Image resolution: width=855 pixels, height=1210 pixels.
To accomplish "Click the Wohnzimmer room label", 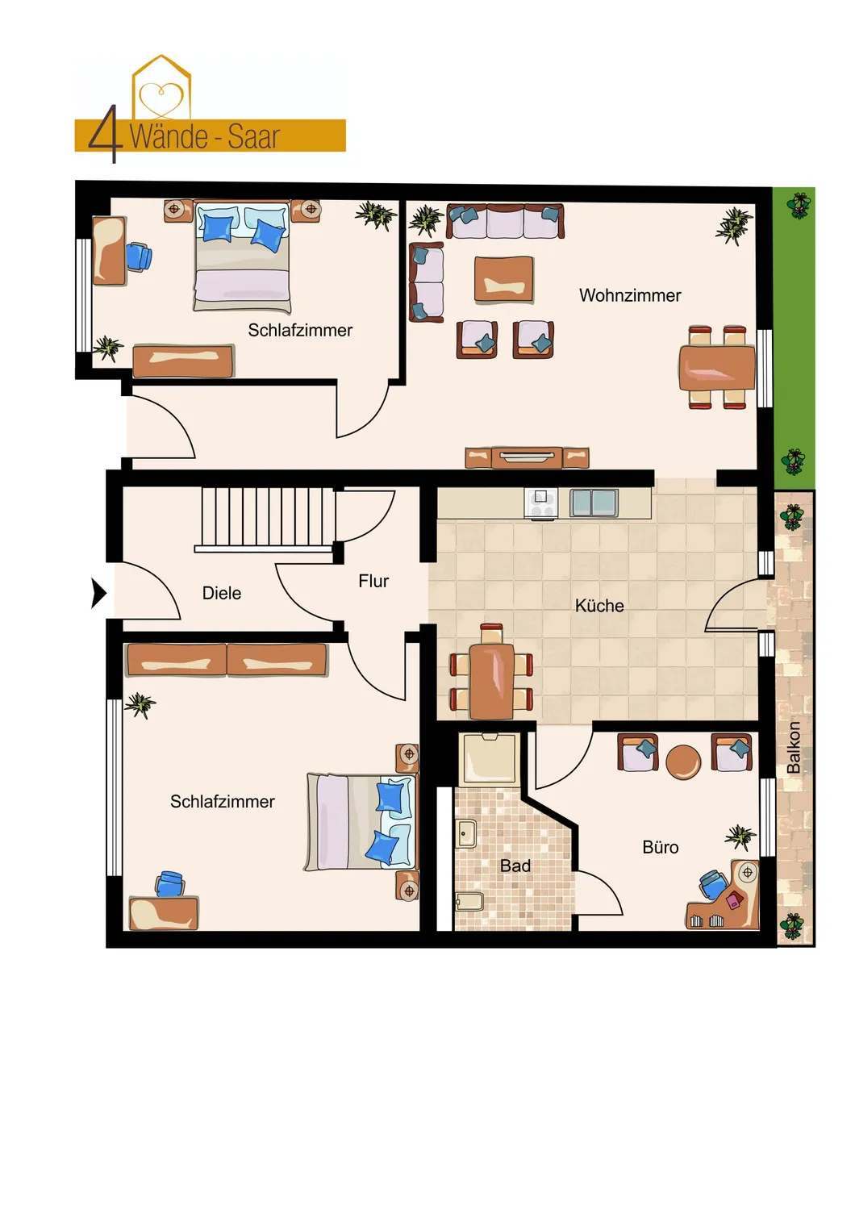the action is [630, 295].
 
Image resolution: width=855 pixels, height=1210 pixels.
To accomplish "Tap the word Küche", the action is [599, 606].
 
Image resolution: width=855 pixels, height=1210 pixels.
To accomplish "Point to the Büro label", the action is [660, 847].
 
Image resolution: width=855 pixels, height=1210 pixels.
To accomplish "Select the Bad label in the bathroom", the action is [515, 866].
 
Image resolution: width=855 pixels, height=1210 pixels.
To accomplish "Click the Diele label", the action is [222, 593].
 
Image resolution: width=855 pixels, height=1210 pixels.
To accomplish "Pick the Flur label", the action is [373, 582].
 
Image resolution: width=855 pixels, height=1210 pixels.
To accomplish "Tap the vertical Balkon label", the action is [793, 747].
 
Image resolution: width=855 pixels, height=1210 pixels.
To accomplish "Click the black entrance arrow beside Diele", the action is [98, 593].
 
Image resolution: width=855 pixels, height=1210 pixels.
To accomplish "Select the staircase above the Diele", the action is [265, 519].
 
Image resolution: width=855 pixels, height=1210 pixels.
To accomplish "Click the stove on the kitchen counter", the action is [540, 503].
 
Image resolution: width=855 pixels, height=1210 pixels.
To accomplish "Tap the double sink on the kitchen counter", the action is [594, 503].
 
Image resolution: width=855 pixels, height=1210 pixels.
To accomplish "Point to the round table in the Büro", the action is [683, 762].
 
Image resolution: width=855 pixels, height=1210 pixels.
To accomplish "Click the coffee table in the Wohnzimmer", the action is [503, 279].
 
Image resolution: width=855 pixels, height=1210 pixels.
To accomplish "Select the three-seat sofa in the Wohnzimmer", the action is [505, 221].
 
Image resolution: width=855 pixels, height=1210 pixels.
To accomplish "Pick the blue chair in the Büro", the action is [715, 884].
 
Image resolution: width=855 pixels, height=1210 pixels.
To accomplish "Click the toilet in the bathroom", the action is [469, 901].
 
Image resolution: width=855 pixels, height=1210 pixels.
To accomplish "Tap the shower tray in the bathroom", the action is [490, 759].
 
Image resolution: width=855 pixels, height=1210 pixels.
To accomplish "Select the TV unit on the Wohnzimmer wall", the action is [527, 457].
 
